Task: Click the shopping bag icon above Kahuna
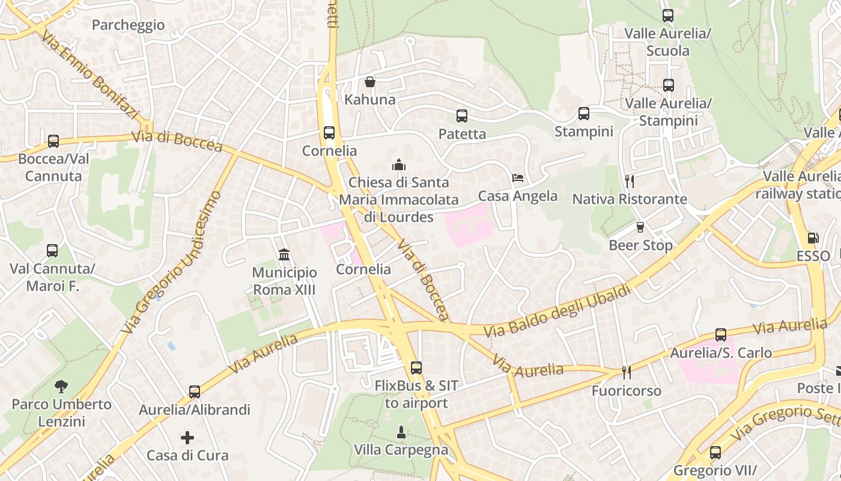370,82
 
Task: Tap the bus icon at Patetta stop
461,116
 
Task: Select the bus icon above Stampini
583,114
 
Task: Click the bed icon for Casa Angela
518,178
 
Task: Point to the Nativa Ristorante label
629,199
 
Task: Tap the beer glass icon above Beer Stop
640,227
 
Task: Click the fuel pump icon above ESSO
813,238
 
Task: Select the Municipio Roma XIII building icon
284,255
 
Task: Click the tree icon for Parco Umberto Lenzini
61,386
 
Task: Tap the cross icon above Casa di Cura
187,438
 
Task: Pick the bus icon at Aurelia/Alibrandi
194,392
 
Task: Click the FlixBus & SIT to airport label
416,394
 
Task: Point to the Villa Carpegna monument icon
401,432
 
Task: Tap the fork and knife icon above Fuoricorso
626,373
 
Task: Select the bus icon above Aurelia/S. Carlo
720,335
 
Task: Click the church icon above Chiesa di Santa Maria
398,164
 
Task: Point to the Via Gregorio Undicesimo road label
171,263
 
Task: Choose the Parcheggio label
128,25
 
